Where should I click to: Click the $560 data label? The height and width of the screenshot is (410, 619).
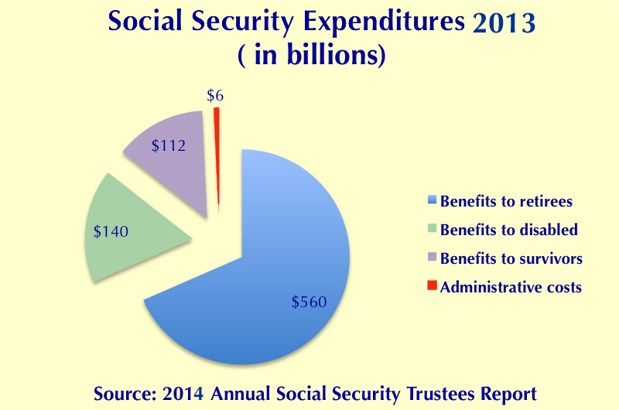[309, 302]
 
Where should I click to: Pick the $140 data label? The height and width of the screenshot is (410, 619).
[111, 231]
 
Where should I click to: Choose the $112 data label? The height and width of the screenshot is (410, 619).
[169, 145]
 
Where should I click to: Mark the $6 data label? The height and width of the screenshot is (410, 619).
[215, 95]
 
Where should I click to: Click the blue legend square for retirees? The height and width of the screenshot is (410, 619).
[433, 200]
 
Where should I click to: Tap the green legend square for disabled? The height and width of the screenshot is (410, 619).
[433, 228]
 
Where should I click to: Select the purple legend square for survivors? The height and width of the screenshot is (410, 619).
[433, 257]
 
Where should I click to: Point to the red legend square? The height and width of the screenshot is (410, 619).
[433, 285]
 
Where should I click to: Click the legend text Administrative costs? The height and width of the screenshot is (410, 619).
[511, 287]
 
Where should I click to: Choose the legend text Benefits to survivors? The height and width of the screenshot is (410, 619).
[511, 258]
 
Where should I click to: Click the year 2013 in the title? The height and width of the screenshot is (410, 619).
[504, 23]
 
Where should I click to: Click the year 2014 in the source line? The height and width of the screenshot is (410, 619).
[183, 394]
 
